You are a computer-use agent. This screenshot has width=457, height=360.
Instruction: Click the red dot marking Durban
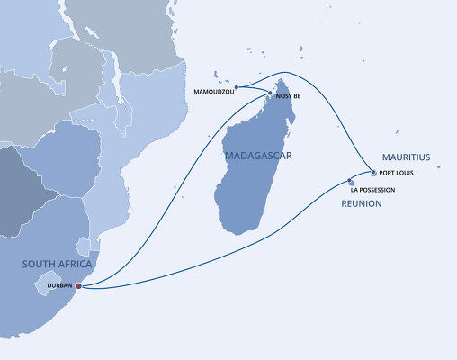pyautogui.click(x=78, y=286)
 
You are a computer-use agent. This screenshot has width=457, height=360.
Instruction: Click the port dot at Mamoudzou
pyautogui.click(x=236, y=87)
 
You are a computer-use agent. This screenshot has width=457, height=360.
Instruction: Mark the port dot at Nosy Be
pyautogui.click(x=273, y=94)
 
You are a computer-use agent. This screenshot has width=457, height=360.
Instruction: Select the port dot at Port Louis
pyautogui.click(x=373, y=172)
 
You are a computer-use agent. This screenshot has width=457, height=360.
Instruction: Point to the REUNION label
pyautogui.click(x=362, y=204)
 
